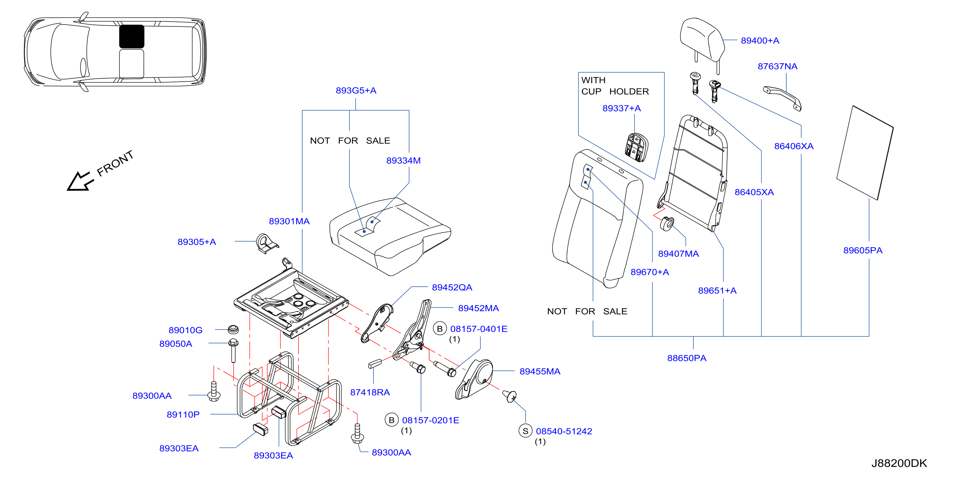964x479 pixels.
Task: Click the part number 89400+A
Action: [x=760, y=40]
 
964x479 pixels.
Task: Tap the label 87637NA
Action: [x=777, y=66]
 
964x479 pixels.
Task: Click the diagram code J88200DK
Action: [x=899, y=463]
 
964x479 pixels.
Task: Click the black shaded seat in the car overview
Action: [x=132, y=36]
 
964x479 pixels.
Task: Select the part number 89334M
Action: [x=403, y=161]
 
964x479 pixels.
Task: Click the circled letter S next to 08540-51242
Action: [x=526, y=431]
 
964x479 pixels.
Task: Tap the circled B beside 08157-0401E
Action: [x=440, y=329]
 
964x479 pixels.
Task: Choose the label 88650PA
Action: [x=687, y=358]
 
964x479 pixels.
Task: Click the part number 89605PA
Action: [x=863, y=250]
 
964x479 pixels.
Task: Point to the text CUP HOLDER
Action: [x=615, y=91]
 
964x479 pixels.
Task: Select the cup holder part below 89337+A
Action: [x=636, y=147]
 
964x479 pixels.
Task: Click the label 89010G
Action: [x=185, y=330]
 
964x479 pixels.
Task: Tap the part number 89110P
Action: [x=183, y=414]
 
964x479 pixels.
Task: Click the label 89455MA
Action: [x=540, y=372]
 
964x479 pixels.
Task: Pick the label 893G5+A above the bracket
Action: [x=356, y=90]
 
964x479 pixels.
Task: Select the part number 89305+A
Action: [x=196, y=242]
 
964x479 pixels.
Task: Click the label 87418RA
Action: [x=370, y=392]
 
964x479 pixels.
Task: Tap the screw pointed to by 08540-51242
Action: [x=510, y=396]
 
